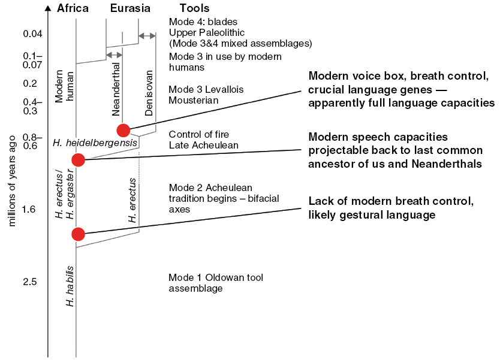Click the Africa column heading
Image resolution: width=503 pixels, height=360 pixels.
(73, 8)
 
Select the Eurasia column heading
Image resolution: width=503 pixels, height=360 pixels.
(130, 8)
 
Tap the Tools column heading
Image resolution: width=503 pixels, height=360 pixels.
(194, 8)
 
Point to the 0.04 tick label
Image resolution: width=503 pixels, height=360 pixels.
(33, 34)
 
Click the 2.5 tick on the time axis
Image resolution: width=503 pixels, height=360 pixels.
(30, 282)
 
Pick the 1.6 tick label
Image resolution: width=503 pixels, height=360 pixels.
(29, 209)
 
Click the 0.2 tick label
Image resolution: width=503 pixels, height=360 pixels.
(30, 83)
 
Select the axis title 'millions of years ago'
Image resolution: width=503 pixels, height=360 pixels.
(12, 181)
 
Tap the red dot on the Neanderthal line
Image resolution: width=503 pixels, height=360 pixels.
(124, 131)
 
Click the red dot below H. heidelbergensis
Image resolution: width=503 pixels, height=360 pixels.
(79, 160)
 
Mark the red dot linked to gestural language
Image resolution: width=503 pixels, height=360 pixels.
(79, 234)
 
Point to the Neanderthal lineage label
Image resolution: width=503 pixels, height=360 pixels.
(116, 89)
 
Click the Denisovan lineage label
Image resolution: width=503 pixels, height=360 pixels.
(149, 93)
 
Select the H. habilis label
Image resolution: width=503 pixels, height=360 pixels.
(70, 286)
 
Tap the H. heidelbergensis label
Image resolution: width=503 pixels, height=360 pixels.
(95, 143)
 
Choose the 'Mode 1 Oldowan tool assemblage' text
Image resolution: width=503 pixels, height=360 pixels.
(216, 283)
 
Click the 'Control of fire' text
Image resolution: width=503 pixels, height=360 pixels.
(199, 134)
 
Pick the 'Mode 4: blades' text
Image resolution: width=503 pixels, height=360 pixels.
(203, 22)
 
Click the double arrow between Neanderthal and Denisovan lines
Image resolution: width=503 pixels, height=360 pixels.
(147, 36)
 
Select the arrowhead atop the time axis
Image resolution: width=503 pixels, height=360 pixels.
(48, 8)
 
